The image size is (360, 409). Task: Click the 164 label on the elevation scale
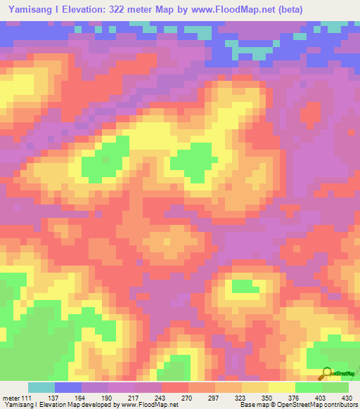pos(81,398)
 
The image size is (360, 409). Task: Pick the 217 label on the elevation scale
pos(134,398)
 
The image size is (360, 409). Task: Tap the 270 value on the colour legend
pos(187,398)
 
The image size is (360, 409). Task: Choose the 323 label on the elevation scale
pos(240,398)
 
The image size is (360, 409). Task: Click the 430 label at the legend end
pos(347,398)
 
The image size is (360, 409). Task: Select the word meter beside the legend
pos(11,398)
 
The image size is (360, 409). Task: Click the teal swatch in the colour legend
pos(41,387)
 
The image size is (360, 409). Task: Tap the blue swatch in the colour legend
pos(68,387)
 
